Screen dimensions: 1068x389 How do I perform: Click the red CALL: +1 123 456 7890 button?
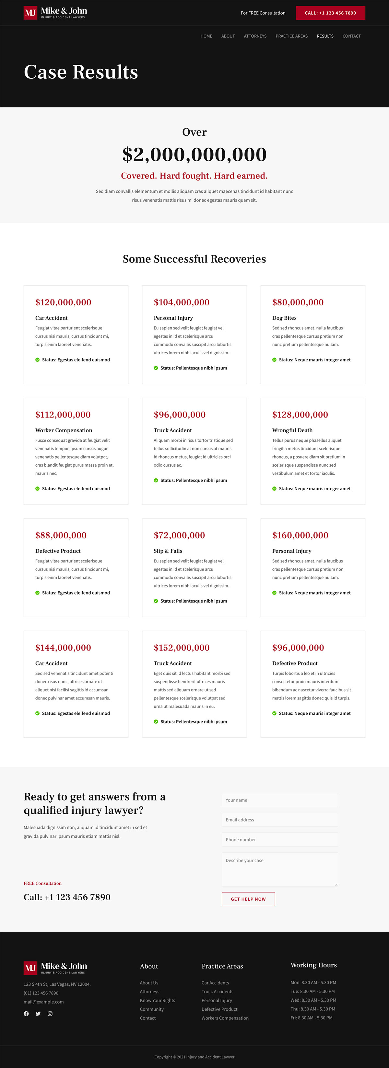pyautogui.click(x=330, y=13)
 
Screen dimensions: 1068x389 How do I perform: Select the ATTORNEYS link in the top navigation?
pyautogui.click(x=255, y=36)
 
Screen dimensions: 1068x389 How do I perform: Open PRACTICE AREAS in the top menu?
pyautogui.click(x=291, y=36)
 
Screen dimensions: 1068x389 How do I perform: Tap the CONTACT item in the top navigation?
pyautogui.click(x=351, y=36)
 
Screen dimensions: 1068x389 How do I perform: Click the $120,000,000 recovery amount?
pyautogui.click(x=63, y=302)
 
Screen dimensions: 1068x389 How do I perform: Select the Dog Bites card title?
pyautogui.click(x=284, y=318)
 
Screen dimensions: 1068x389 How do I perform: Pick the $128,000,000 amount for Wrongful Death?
pyautogui.click(x=300, y=415)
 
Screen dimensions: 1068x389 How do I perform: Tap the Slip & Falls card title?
pyautogui.click(x=168, y=551)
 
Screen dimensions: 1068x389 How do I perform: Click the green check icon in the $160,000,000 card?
pyautogui.click(x=274, y=593)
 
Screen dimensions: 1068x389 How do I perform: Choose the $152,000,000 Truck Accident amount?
pyautogui.click(x=182, y=648)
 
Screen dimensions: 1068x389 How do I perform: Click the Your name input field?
pyautogui.click(x=279, y=800)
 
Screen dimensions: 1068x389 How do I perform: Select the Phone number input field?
pyautogui.click(x=279, y=840)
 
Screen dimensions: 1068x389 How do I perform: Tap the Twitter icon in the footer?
pyautogui.click(x=38, y=1014)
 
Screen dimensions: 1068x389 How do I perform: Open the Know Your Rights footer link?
pyautogui.click(x=157, y=1000)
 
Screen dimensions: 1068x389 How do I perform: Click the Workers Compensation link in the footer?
pyautogui.click(x=225, y=1018)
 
